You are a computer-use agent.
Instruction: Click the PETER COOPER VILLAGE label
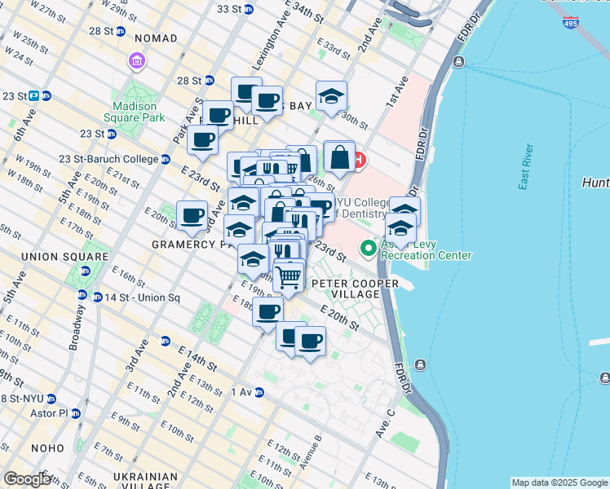(354, 289)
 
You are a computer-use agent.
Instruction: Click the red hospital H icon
(359, 157)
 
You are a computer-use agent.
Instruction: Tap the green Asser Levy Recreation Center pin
(369, 247)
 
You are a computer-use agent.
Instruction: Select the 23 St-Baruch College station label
(108, 160)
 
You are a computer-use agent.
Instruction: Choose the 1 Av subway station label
(241, 392)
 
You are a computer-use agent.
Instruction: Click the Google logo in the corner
(27, 479)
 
